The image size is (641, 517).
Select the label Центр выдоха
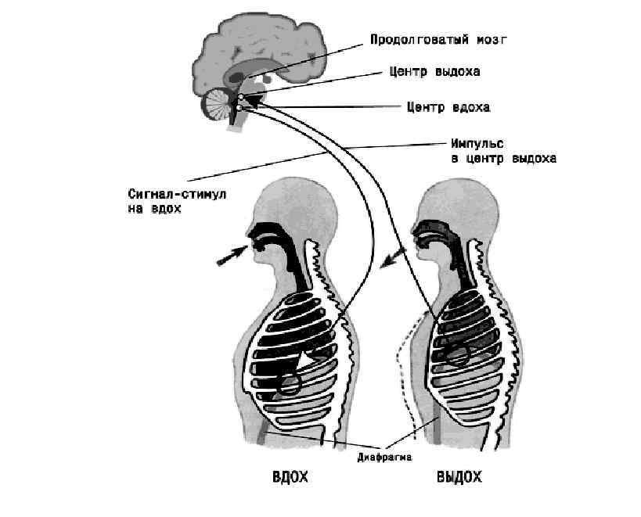[x=434, y=71]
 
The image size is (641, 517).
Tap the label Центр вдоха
[x=448, y=106]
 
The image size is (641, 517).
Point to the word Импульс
[x=477, y=144]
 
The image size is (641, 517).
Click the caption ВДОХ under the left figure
[x=289, y=477]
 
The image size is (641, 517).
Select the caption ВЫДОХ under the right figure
[x=458, y=477]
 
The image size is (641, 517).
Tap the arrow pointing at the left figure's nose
[x=229, y=256]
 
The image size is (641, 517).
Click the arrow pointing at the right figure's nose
[x=394, y=256]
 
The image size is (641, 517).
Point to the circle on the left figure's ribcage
[x=290, y=383]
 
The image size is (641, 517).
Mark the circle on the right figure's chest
[x=457, y=356]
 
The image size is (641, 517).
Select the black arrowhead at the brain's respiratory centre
[x=254, y=99]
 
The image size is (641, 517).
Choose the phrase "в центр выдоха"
[x=503, y=158]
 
